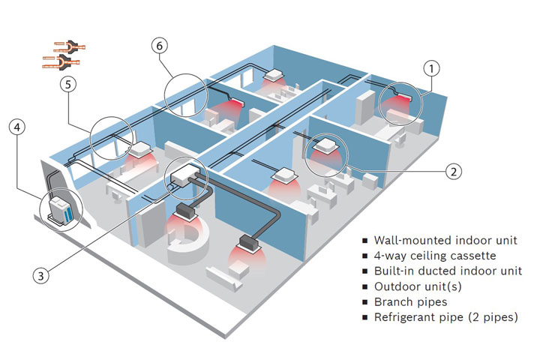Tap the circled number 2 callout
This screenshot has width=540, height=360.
[x=451, y=171]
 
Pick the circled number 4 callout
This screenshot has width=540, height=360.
[x=17, y=127]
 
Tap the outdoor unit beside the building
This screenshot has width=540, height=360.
[x=61, y=208]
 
